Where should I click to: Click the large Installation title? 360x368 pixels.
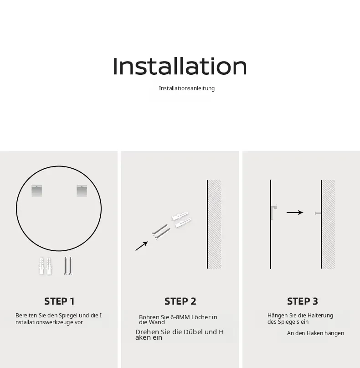coord(180,66)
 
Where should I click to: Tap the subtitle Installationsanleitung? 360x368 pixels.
coord(187,88)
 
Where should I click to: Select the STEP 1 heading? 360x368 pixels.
coord(59,301)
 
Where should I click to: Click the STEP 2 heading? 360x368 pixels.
coord(180,301)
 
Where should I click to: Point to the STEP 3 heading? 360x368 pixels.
coord(302,301)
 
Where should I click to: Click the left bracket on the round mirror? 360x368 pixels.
coord(36,191)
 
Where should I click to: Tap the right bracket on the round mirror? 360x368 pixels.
coord(82,191)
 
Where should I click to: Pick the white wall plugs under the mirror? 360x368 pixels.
coord(45,266)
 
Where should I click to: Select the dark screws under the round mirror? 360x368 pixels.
coord(68,266)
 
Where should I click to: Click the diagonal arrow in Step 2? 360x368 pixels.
coord(142,246)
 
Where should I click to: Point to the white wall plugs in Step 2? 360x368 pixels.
coord(181,219)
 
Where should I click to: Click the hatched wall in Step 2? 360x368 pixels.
coord(215,224)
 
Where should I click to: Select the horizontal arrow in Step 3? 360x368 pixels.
coord(295,213)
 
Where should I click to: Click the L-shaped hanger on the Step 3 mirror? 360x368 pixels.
coord(273,213)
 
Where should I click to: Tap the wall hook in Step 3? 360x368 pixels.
coord(318,213)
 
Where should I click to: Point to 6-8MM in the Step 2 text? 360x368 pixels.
coord(180,317)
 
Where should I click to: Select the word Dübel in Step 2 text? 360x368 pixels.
coord(193,332)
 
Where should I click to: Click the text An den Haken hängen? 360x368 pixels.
coord(315,333)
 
